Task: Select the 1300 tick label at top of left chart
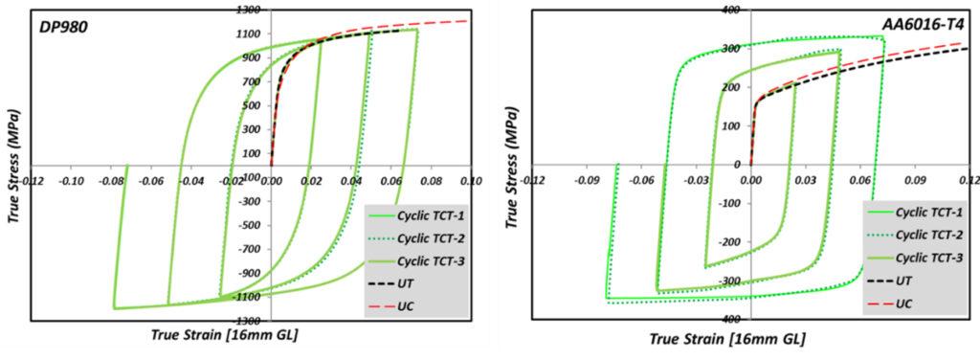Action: coord(251,10)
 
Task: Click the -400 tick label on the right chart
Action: coord(734,319)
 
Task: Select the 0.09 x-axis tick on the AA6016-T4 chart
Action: coord(915,178)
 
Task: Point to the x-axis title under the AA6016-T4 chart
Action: coord(726,339)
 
